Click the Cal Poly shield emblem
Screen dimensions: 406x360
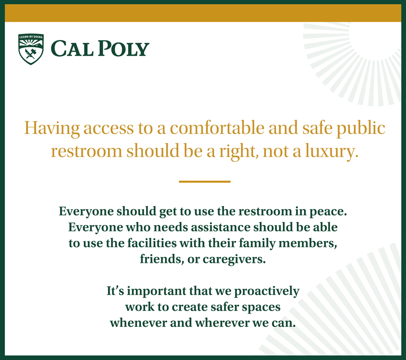[31, 49]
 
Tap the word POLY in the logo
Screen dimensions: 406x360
[124, 48]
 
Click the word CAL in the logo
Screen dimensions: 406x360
[72, 48]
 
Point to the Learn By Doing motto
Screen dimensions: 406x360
[31, 37]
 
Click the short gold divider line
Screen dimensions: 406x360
[205, 182]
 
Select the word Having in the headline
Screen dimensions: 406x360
[52, 129]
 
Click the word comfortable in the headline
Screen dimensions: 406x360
[217, 128]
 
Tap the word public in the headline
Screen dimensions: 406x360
[361, 129]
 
